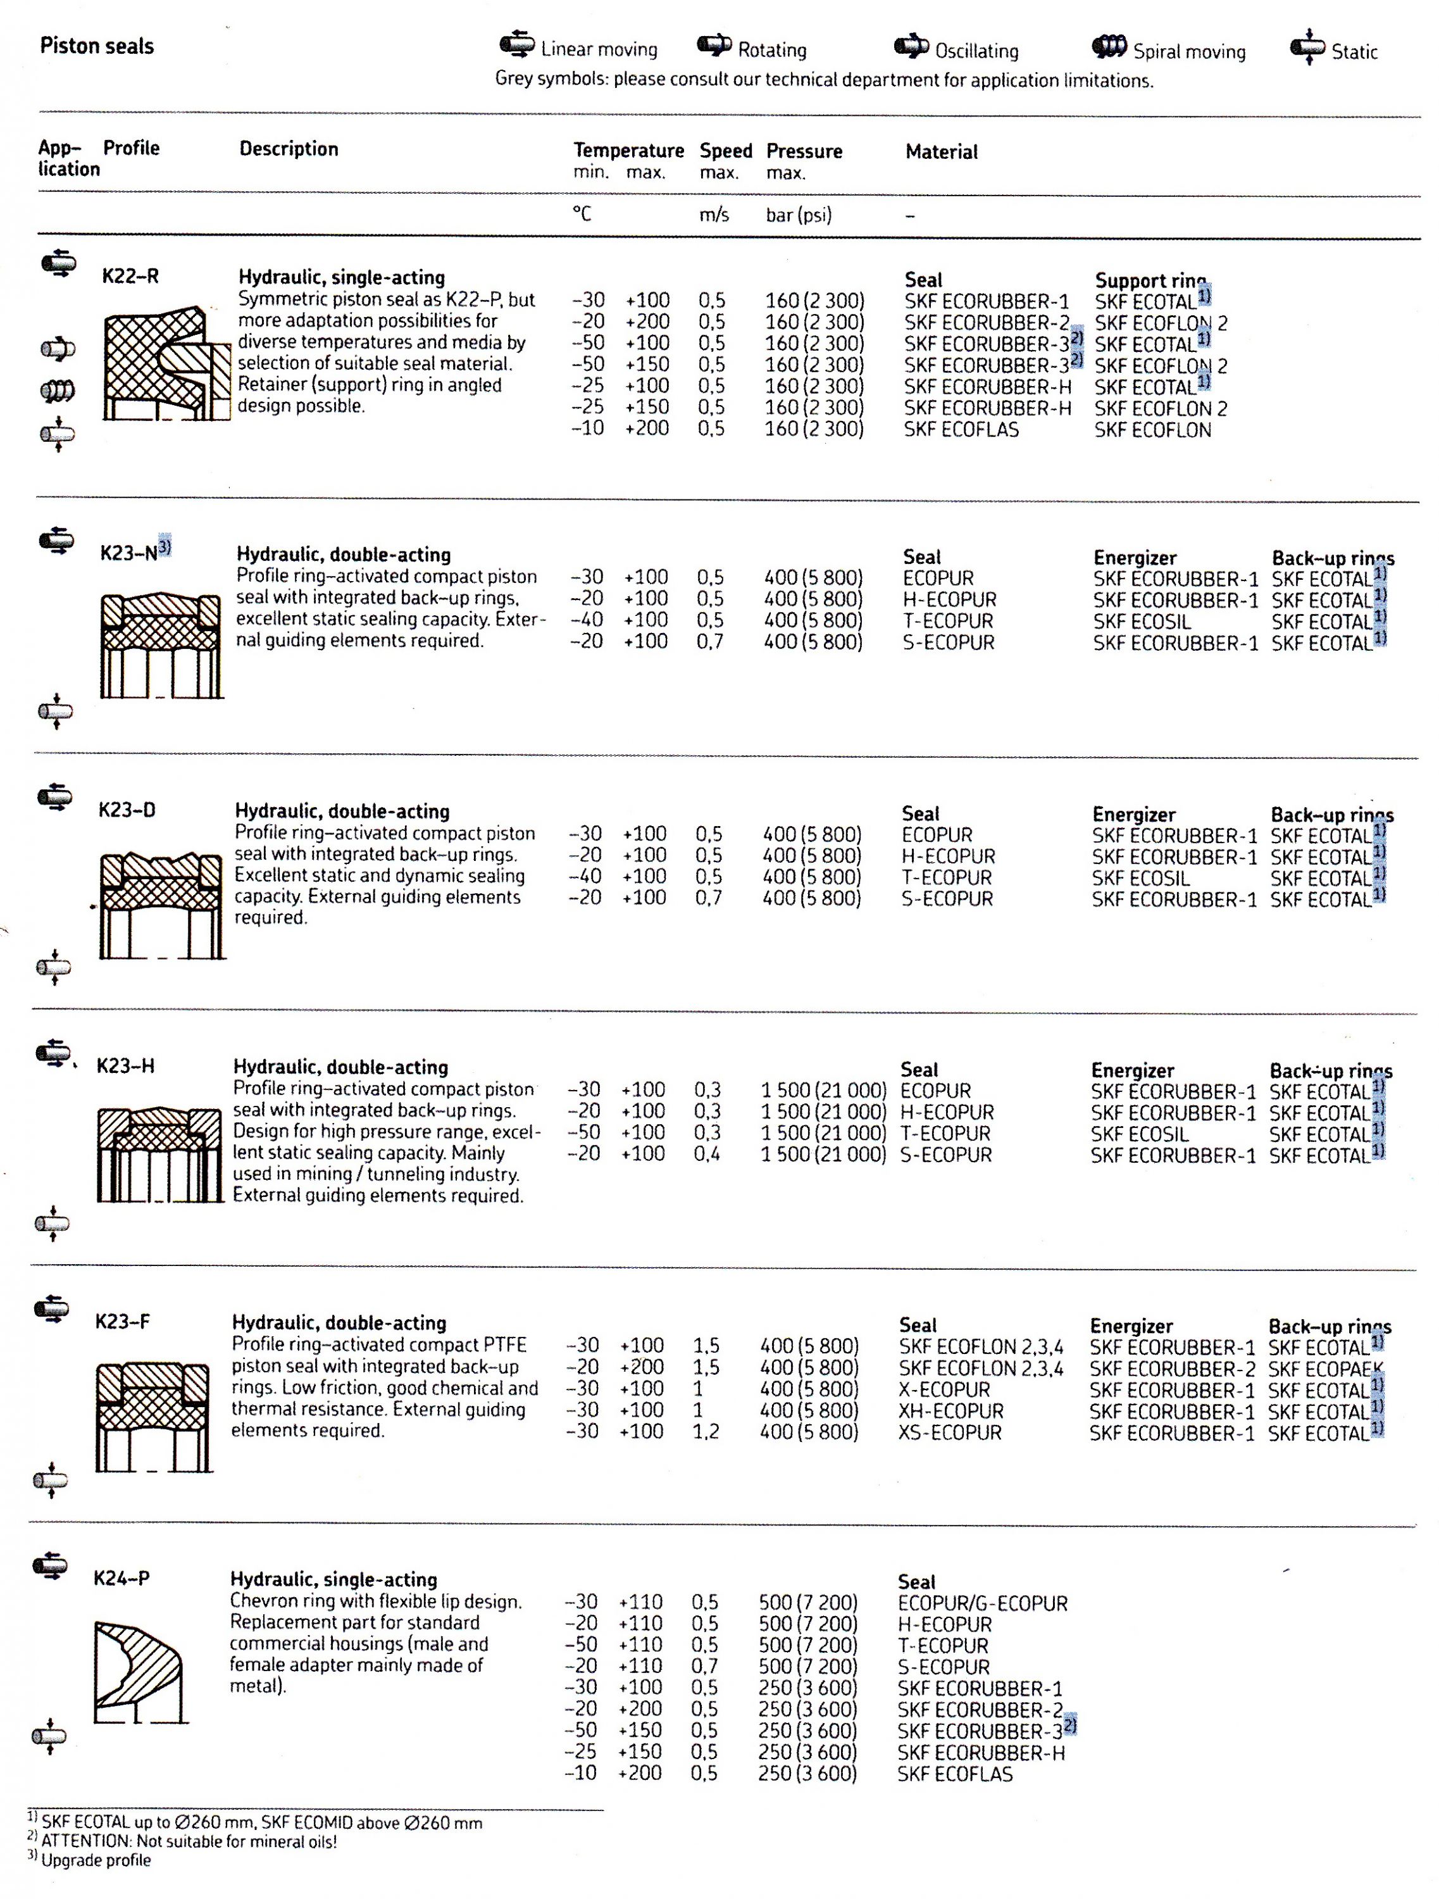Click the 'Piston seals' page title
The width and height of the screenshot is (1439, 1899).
click(x=96, y=46)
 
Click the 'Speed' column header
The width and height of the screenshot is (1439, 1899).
click(x=725, y=151)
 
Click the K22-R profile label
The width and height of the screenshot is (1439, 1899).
click(x=130, y=277)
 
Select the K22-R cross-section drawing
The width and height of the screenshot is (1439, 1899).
click(x=166, y=363)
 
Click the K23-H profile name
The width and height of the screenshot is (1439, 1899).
click(x=125, y=1066)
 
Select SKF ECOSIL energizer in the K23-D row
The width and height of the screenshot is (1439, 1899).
click(x=1140, y=878)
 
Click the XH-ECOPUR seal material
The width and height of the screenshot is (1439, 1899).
click(x=950, y=1412)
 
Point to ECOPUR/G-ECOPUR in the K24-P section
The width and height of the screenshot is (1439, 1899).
click(x=981, y=1603)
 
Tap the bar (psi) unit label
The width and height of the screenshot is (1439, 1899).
click(x=798, y=215)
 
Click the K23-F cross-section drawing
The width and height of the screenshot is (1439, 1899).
click(x=153, y=1415)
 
